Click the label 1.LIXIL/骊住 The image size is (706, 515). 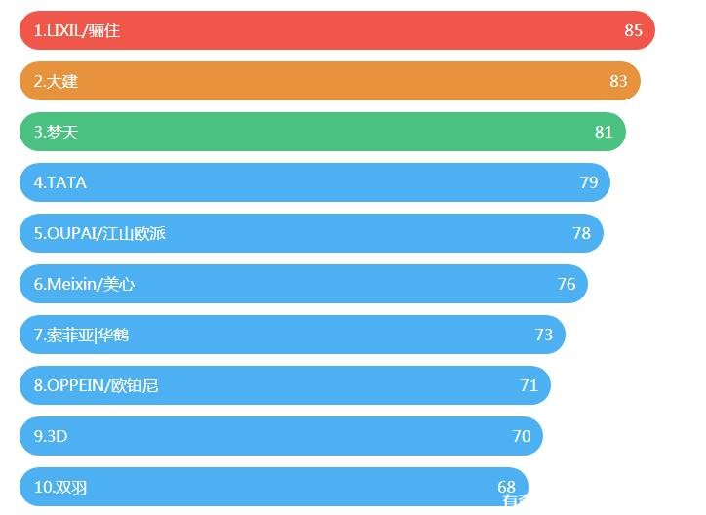click(x=77, y=30)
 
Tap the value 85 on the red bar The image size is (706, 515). click(x=634, y=30)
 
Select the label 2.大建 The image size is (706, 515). click(x=56, y=81)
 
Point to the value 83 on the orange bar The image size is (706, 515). click(x=618, y=81)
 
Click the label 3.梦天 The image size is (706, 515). click(x=56, y=132)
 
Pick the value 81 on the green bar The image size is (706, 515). click(x=604, y=132)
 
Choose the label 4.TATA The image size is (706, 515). click(x=60, y=182)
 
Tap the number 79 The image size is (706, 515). click(x=589, y=182)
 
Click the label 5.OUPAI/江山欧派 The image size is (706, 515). click(x=99, y=233)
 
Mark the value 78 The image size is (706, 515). click(x=582, y=233)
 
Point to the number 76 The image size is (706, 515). click(x=567, y=284)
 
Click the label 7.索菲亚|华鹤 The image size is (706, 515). click(x=81, y=335)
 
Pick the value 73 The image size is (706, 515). click(x=544, y=335)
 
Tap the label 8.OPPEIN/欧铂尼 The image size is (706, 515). click(x=96, y=385)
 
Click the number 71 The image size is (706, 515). click(x=529, y=385)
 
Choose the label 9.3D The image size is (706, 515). click(x=51, y=436)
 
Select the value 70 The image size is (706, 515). click(x=522, y=436)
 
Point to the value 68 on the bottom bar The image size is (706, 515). click(x=506, y=487)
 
